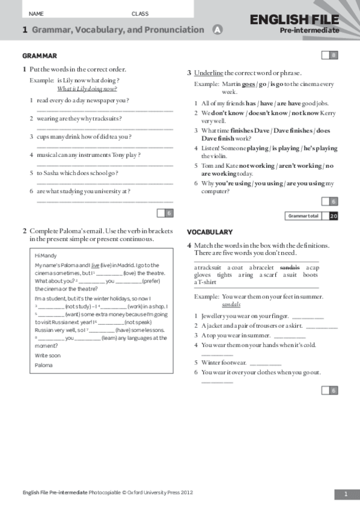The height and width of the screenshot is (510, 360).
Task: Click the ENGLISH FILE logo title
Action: (294, 20)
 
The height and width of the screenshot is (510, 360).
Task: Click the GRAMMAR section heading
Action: (39, 56)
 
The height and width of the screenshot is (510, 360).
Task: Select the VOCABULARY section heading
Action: (209, 232)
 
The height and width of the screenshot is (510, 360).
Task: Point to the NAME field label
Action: (36, 13)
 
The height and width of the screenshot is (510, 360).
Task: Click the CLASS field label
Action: (140, 13)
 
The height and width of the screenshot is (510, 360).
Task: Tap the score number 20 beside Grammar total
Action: (334, 216)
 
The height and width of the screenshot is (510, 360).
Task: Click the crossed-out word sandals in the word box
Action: (290, 267)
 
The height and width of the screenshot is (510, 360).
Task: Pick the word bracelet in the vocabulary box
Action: (262, 267)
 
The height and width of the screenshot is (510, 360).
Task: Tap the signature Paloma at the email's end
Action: (43, 365)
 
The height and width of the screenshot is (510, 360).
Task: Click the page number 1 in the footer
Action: (346, 494)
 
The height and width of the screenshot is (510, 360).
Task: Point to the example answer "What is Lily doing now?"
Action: (87, 88)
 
